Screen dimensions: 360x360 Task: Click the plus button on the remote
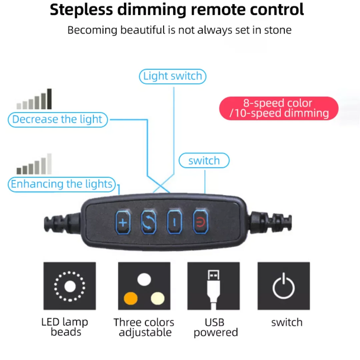(x=123, y=222)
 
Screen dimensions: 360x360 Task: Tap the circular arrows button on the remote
(x=149, y=222)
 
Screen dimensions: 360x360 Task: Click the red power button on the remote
(x=200, y=222)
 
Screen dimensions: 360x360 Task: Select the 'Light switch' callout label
(x=172, y=76)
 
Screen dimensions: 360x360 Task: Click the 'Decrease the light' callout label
(x=57, y=119)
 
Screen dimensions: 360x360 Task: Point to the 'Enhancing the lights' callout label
(x=61, y=184)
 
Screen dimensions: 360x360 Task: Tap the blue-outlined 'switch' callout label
(x=204, y=161)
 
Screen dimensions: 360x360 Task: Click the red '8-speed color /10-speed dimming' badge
(x=279, y=108)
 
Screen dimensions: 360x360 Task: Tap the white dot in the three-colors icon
(x=144, y=279)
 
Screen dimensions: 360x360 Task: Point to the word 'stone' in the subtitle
(x=278, y=30)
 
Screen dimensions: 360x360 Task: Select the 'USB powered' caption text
(x=215, y=327)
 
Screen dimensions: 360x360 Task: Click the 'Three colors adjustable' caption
(x=144, y=327)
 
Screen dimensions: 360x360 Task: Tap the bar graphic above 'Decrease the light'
(x=34, y=100)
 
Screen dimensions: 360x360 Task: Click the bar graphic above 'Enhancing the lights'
(x=34, y=164)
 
